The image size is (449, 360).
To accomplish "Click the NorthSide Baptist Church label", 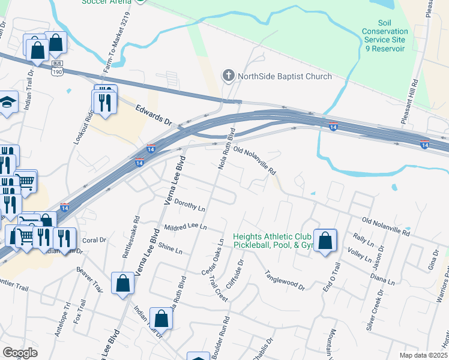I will coord(285,76).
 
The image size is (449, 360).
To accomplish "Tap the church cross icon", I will coord(228,76).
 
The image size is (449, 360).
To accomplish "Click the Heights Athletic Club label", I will coord(274,238).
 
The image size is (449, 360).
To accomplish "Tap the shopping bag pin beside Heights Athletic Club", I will coord(325,241).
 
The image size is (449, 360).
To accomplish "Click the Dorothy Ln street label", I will coord(190,205).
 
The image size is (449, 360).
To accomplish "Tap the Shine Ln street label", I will coord(170,250).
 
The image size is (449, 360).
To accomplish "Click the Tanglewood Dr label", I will coord(285,280).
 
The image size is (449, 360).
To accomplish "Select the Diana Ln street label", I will coord(382,279).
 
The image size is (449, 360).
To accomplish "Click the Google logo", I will coord(20,353).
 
